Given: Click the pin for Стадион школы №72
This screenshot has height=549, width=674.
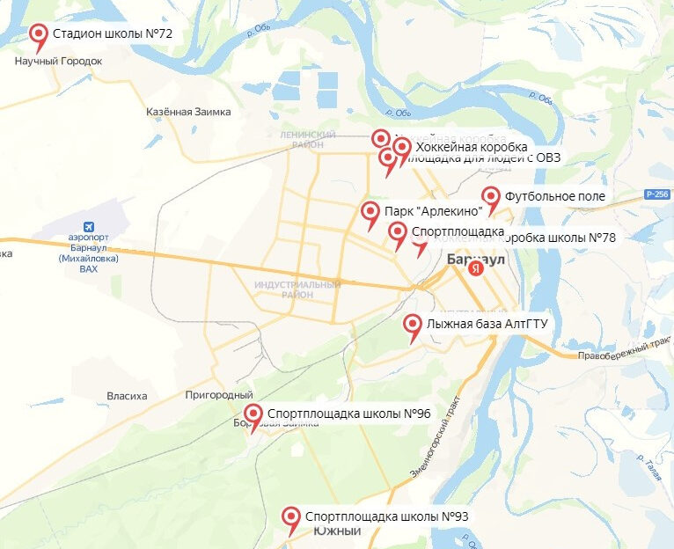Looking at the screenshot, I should pos(39,35).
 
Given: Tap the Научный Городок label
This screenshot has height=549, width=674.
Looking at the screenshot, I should pos(59,62).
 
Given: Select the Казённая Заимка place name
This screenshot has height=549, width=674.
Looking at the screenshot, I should pos(188,112).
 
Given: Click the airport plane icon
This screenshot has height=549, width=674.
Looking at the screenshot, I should pos(88,225).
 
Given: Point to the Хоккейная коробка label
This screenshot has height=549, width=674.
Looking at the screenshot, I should pos(472,146).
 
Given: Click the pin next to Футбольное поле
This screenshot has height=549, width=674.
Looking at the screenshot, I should pos(490,197).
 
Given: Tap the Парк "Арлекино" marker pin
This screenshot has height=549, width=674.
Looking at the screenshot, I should pos(370,212).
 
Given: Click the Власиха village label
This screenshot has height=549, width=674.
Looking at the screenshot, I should pos(127,396).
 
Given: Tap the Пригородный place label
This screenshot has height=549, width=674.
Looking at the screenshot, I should pos(219,395).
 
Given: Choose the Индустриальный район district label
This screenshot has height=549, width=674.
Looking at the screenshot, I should pos(284,290).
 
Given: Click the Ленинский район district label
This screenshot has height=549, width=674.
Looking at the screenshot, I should pos(308,139).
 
